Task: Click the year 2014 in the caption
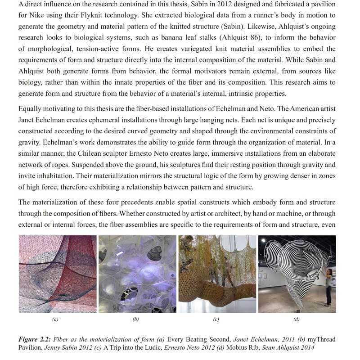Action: pos(305,347)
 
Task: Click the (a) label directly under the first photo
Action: pos(55,319)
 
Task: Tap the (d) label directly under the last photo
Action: pos(297,319)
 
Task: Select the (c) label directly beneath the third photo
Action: pos(216,319)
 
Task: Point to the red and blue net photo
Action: pos(57,274)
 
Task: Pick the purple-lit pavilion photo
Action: pos(137,274)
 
